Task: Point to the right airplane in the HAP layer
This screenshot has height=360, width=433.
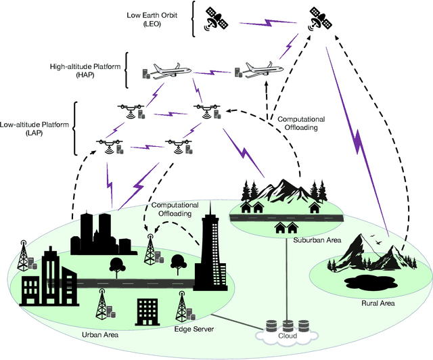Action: tap(255, 71)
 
